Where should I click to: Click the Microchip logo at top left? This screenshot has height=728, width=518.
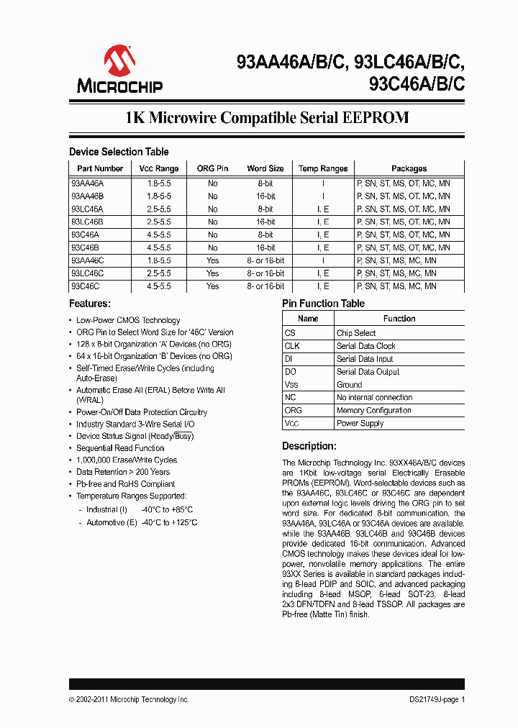click(x=120, y=69)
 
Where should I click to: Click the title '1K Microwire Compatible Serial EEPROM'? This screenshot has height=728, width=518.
click(x=267, y=118)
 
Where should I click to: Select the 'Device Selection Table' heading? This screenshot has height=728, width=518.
click(x=119, y=152)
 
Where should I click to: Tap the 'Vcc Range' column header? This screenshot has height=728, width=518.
click(x=158, y=168)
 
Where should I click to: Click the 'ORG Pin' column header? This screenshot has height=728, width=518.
click(x=212, y=168)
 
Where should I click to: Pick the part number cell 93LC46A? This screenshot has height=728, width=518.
click(x=87, y=209)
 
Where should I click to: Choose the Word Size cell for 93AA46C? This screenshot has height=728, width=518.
click(x=265, y=260)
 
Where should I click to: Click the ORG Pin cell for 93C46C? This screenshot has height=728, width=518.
click(x=212, y=286)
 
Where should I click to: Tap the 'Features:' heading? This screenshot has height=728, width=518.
click(x=90, y=304)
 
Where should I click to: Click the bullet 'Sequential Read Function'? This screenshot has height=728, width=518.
click(x=120, y=447)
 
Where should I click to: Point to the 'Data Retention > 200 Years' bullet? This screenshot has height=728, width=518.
click(x=123, y=472)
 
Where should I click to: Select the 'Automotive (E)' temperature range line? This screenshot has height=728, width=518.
click(x=142, y=522)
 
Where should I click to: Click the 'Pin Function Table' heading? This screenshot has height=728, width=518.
click(x=323, y=304)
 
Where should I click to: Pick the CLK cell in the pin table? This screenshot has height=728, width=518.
click(x=291, y=346)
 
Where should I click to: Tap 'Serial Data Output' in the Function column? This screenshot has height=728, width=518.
click(x=368, y=372)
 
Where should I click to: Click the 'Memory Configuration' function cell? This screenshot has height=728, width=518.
click(x=373, y=410)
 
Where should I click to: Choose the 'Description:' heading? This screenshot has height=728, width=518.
click(x=309, y=446)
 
